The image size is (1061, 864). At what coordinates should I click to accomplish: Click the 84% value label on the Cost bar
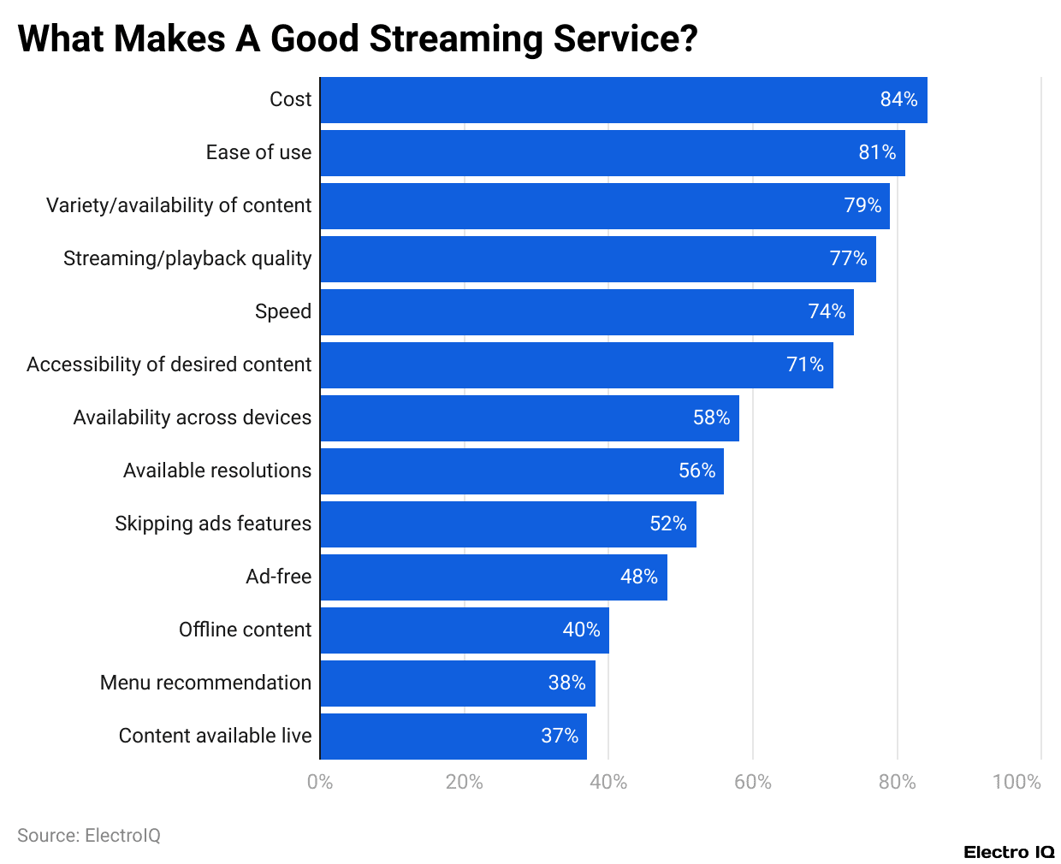point(898,99)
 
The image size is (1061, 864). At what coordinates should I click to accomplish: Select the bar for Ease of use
point(612,153)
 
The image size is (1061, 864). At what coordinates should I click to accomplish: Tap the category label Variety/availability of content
point(179,205)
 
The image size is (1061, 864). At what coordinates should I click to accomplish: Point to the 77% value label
point(848,258)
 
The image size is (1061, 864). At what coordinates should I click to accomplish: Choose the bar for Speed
point(586,312)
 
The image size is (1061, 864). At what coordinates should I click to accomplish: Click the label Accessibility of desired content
point(169,364)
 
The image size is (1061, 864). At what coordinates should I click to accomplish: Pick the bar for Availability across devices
point(529,418)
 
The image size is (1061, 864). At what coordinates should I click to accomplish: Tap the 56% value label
point(696,470)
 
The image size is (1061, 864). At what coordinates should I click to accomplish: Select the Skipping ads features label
point(213,524)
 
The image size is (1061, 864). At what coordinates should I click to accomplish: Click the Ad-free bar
point(493,577)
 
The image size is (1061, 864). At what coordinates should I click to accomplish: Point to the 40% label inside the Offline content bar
point(581,630)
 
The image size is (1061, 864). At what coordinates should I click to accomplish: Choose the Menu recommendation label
point(205,683)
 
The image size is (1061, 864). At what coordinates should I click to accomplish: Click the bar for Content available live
point(453,737)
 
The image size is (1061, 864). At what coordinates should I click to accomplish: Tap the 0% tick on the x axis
point(320,782)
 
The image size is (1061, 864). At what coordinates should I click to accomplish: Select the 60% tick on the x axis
point(753,782)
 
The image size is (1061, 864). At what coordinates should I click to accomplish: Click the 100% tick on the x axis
point(1017,782)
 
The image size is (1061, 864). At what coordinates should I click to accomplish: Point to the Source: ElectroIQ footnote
point(89,836)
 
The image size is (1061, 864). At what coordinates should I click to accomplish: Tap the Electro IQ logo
point(1009,852)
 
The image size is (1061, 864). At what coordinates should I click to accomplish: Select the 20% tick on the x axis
point(464,782)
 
